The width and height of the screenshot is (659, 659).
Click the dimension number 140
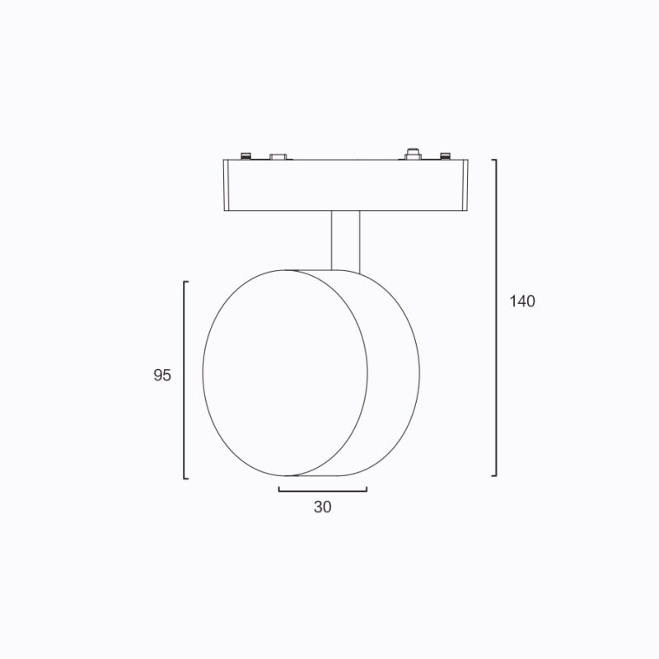pyautogui.click(x=522, y=301)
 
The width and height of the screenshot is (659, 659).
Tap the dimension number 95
pyautogui.click(x=162, y=375)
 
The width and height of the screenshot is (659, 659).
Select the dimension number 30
pyautogui.click(x=322, y=507)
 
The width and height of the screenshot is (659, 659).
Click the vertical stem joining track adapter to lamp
pyautogui.click(x=345, y=241)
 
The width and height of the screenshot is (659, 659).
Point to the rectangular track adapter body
pyautogui.click(x=345, y=185)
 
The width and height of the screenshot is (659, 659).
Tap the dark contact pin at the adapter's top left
pyautogui.click(x=245, y=156)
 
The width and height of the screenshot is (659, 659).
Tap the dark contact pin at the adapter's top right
pyautogui.click(x=445, y=156)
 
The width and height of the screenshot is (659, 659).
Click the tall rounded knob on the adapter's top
pyautogui.click(x=414, y=154)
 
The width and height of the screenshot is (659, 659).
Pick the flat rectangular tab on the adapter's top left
pyautogui.click(x=278, y=157)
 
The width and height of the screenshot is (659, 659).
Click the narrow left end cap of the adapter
pyautogui.click(x=226, y=185)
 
